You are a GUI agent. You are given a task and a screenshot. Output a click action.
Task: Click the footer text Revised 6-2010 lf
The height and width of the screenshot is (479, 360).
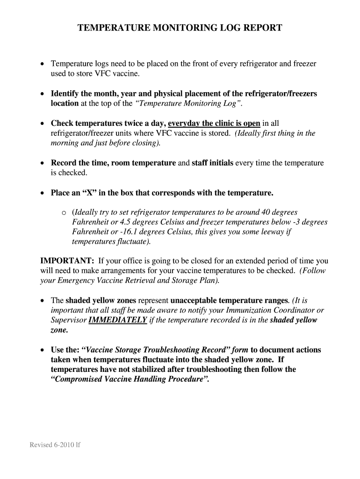(55, 445)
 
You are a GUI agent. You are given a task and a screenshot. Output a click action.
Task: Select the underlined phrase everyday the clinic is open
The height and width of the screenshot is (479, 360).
(214, 123)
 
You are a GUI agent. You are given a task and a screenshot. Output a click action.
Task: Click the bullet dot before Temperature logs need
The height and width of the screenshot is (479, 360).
(43, 64)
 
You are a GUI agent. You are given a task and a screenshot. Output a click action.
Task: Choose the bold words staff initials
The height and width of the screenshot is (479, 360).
(212, 163)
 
